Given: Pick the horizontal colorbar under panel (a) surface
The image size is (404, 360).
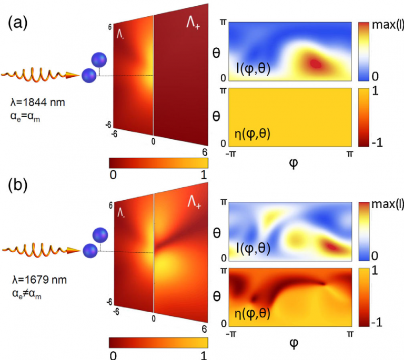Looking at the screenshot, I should coord(158,162).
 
